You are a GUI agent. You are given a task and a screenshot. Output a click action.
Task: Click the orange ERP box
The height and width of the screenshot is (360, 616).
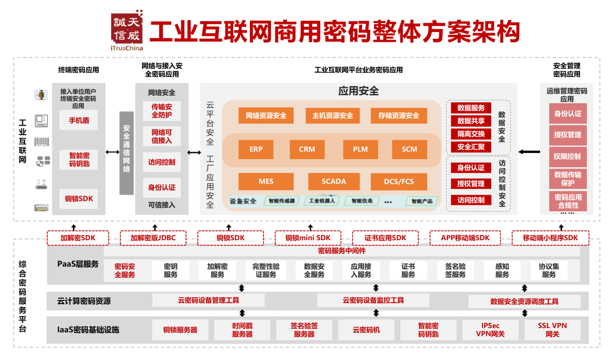(x=256, y=149)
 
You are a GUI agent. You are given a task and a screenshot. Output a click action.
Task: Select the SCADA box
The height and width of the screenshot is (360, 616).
(x=334, y=181)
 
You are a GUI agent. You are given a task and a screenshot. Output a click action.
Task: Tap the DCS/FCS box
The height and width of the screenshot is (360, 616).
(x=399, y=181)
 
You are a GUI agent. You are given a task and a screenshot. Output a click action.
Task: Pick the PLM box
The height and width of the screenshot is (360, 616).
(x=360, y=149)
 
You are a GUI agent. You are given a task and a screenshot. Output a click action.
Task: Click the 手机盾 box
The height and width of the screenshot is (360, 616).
(x=79, y=120)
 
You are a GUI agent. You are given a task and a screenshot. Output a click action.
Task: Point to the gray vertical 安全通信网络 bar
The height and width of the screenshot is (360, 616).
(x=127, y=153)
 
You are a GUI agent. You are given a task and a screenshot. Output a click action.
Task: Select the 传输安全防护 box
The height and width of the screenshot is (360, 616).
(x=162, y=111)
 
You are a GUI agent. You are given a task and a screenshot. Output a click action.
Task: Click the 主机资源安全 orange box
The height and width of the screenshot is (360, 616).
(x=332, y=116)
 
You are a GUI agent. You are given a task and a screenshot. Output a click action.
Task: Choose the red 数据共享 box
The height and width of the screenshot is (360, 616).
(x=471, y=121)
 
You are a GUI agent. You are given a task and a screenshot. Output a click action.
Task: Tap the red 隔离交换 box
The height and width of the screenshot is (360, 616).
(x=471, y=134)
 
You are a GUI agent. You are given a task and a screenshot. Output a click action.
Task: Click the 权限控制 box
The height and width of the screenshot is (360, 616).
(x=567, y=156)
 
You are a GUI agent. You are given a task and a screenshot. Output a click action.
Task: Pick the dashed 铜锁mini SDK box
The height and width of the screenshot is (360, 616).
(x=308, y=238)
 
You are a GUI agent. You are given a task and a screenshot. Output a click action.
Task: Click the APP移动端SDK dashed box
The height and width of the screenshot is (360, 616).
(x=465, y=238)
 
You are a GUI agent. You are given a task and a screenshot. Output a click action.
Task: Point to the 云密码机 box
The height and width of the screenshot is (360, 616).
(x=366, y=330)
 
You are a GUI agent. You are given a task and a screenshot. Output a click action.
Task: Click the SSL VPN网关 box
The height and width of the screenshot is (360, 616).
(x=552, y=330)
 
